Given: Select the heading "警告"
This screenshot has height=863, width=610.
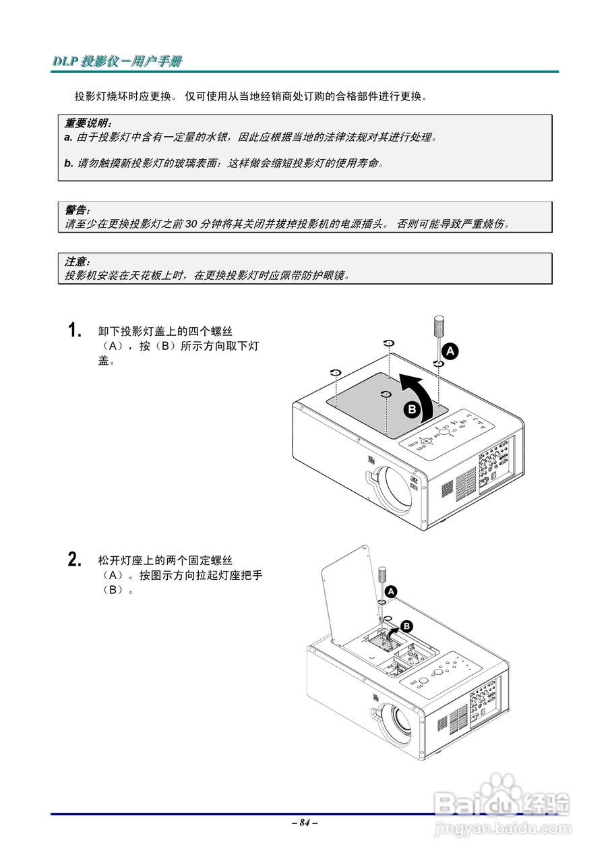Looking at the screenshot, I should [76, 210].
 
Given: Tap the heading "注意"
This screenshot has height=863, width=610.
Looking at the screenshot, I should [76, 262].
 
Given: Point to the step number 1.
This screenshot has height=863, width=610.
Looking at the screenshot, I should [75, 330].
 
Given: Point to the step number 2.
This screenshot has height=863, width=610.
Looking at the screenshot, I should [75, 560].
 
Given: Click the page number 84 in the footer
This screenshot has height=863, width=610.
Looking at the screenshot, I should [305, 823].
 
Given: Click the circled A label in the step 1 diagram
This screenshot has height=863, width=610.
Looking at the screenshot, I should [450, 351].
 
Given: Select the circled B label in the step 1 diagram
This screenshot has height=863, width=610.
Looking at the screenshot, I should [412, 409].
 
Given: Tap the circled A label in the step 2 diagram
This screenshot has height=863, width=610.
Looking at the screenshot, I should [392, 591].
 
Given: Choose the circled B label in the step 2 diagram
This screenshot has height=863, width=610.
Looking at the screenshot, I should [406, 626].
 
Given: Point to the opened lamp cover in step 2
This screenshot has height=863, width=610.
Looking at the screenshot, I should [347, 593].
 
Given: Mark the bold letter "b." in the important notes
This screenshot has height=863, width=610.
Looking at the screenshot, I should [69, 163].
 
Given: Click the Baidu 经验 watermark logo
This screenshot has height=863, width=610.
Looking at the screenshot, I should [502, 806].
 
